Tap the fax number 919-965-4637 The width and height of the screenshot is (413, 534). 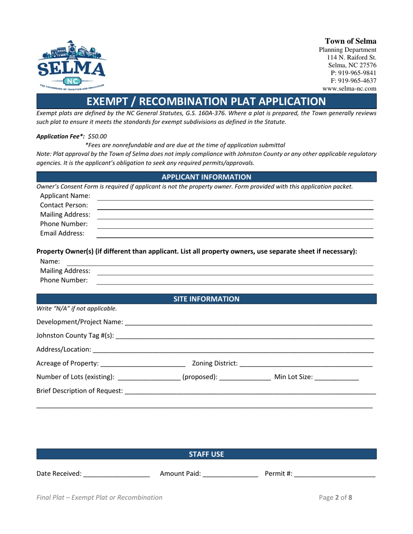353,81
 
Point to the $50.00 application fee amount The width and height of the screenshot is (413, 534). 97,136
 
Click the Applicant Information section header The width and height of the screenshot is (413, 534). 206,177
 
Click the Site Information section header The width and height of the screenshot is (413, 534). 206,299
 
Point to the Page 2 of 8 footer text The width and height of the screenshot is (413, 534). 336,498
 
